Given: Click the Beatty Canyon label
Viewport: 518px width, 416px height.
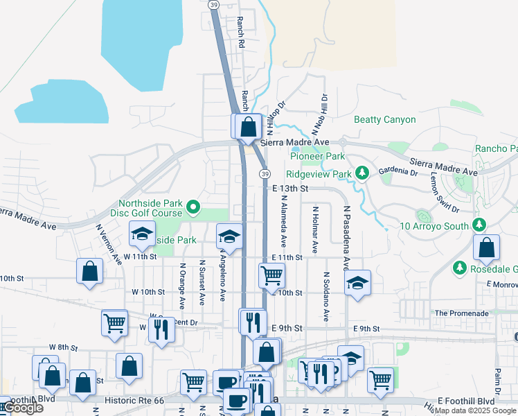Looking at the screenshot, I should pos(385,119).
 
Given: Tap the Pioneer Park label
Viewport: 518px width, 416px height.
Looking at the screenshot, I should pos(317,157).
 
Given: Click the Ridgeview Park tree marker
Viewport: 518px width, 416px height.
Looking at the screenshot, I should pos(361,172).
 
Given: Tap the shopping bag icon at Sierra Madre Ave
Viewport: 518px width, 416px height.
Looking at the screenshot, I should pos(249,127).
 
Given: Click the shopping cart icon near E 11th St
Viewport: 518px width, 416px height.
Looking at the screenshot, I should pos(271,275).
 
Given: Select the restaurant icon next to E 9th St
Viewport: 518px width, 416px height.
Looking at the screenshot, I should pos(253,321).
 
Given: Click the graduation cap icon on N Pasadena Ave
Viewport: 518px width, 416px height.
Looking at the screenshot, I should pos(357,283).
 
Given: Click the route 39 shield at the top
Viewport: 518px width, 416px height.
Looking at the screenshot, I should pos(215,4).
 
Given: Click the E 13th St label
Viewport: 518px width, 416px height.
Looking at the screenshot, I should pos(289,188).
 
